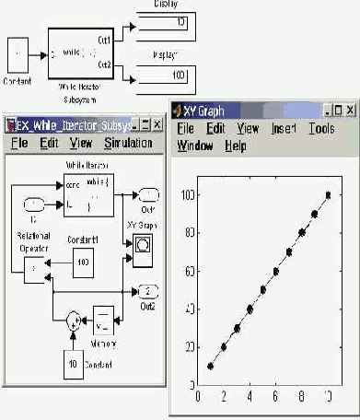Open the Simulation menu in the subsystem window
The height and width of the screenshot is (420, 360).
click(128, 144)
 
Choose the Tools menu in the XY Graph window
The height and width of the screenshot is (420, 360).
click(322, 129)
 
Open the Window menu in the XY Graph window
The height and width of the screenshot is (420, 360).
click(195, 146)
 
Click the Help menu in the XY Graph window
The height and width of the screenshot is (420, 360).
click(236, 146)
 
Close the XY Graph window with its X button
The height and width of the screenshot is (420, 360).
click(351, 110)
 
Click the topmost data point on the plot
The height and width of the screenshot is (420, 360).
click(328, 194)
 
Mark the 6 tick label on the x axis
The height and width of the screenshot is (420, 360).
click(276, 396)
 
